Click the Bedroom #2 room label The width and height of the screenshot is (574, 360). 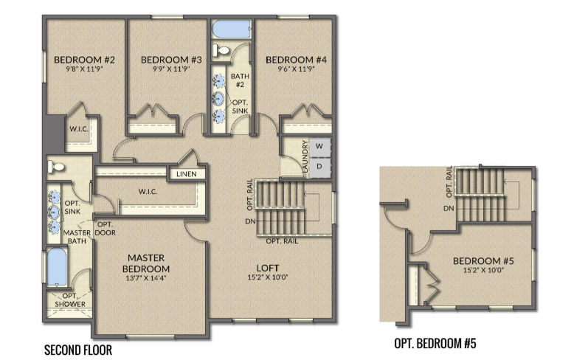(x=84, y=60)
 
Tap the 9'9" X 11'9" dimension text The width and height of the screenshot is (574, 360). (x=171, y=69)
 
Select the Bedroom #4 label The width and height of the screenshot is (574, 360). (x=296, y=60)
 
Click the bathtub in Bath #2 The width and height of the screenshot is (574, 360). (x=232, y=29)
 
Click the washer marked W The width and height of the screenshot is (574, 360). (x=319, y=146)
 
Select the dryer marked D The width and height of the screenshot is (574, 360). (x=319, y=167)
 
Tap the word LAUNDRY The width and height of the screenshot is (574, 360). (x=305, y=156)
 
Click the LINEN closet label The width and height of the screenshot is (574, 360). (x=187, y=174)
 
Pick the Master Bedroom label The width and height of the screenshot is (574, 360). (x=145, y=263)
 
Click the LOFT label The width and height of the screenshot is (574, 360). (x=268, y=269)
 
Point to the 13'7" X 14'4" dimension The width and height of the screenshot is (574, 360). (x=145, y=278)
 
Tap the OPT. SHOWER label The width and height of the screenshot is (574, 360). (x=70, y=300)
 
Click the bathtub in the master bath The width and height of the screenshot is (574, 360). (x=57, y=267)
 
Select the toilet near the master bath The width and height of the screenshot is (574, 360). (x=56, y=167)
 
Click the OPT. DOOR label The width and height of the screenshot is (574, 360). (x=106, y=229)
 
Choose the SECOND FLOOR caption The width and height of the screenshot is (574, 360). (x=78, y=350)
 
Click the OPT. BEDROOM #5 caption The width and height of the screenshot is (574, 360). (x=435, y=344)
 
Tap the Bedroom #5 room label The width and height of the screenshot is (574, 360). (x=483, y=261)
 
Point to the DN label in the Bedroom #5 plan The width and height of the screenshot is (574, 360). (x=449, y=209)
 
